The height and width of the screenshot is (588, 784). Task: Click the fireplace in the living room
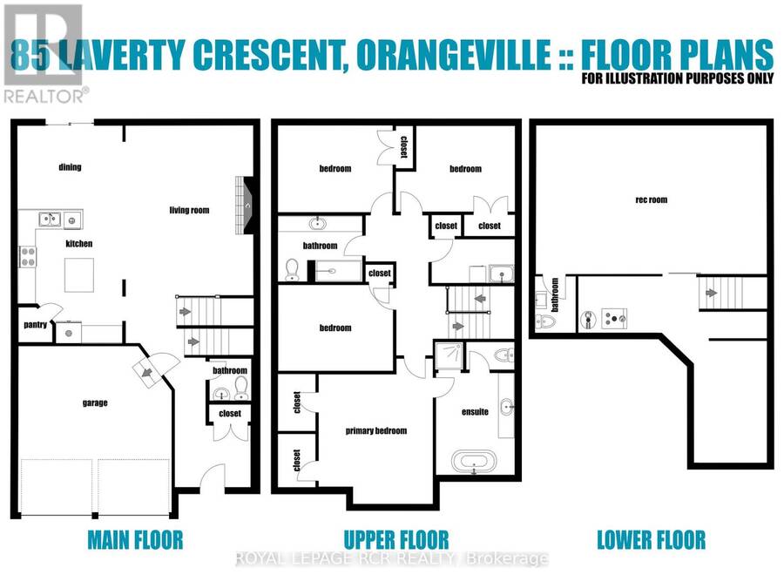tap(246, 205)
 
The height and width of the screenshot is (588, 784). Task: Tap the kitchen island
tap(79, 275)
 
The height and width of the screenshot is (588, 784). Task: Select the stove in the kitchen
tap(28, 256)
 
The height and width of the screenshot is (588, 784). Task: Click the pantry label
tap(35, 325)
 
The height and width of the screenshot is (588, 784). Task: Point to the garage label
tap(95, 402)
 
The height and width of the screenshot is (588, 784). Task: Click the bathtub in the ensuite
tap(474, 462)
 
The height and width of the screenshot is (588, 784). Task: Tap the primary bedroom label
tap(376, 430)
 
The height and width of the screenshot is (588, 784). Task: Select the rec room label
tap(651, 199)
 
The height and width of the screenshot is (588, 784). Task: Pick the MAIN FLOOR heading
tap(135, 540)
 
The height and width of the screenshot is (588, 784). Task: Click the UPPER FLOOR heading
tap(396, 540)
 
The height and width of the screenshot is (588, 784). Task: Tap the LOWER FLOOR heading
tap(651, 540)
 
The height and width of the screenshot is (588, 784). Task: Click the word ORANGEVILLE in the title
tap(454, 55)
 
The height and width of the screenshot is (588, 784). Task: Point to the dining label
tap(70, 167)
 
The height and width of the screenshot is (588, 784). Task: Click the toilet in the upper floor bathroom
tap(292, 270)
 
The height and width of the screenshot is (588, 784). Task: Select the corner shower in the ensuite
tap(449, 355)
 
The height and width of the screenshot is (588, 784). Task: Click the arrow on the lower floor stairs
tap(711, 293)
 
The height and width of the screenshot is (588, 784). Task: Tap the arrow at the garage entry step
tap(147, 372)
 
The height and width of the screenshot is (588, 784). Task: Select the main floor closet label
tap(230, 414)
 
